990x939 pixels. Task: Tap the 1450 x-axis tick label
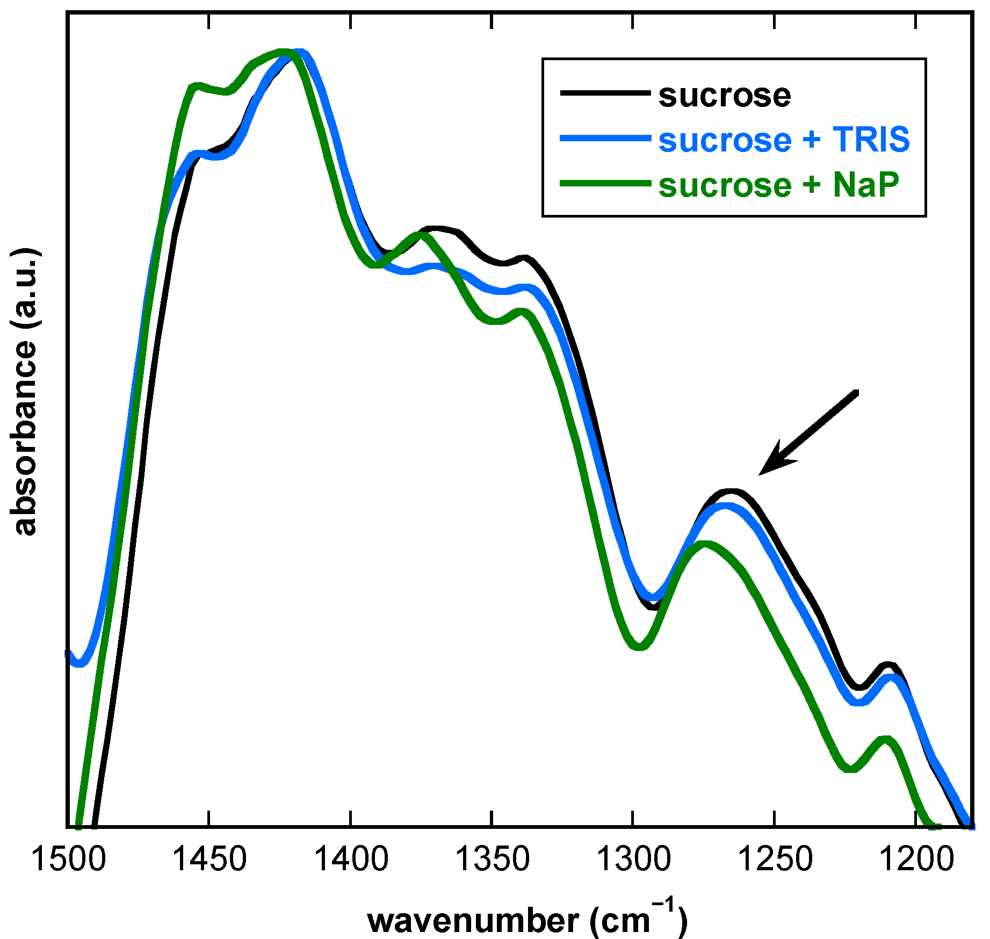[209, 859]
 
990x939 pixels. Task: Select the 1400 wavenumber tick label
[351, 859]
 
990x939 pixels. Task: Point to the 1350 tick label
[492, 859]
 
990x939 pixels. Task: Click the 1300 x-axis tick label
[633, 859]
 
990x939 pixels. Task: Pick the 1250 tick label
[775, 859]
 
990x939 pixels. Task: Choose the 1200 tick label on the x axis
[916, 859]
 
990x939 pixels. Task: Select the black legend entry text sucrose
[724, 96]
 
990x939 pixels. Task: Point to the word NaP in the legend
[866, 185]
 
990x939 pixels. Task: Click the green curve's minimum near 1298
[639, 647]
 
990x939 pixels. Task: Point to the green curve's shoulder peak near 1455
[197, 86]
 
